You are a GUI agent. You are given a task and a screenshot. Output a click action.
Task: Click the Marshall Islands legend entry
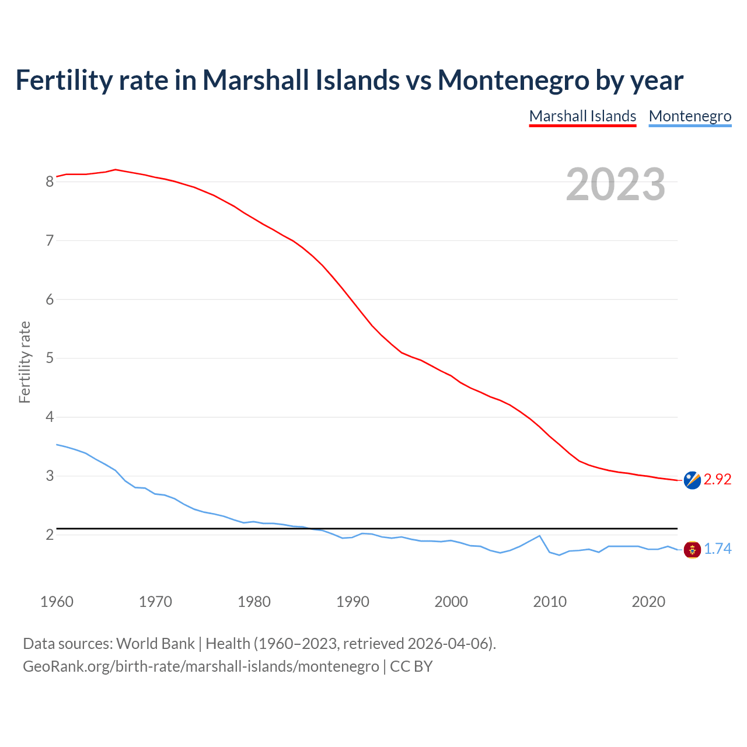click(x=582, y=116)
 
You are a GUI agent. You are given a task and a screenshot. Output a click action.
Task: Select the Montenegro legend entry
click(x=690, y=116)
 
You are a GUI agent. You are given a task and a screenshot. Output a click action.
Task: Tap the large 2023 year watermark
click(x=616, y=184)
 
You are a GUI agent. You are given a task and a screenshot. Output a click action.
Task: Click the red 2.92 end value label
click(x=717, y=479)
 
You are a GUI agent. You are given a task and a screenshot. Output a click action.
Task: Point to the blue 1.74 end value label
click(x=717, y=549)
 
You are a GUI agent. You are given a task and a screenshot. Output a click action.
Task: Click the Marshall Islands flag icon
click(x=692, y=480)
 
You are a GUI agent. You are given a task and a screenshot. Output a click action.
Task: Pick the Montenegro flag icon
click(x=692, y=549)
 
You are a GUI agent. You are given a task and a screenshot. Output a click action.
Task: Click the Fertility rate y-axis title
click(x=25, y=362)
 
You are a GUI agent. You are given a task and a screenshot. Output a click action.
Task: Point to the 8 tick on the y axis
click(x=50, y=181)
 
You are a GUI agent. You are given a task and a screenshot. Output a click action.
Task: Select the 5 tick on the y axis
click(x=50, y=358)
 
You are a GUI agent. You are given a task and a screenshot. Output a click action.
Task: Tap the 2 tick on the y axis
click(x=50, y=535)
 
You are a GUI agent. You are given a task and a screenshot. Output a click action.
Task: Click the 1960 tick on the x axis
click(x=57, y=602)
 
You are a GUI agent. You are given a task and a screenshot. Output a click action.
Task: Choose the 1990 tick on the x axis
click(x=352, y=602)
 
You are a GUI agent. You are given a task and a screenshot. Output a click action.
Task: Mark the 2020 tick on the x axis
click(x=648, y=602)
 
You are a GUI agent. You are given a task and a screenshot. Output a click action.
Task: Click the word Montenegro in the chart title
click(x=513, y=80)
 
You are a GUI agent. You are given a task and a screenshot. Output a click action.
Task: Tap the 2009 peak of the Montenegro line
click(x=539, y=536)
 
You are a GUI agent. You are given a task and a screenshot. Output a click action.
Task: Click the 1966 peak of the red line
click(x=116, y=169)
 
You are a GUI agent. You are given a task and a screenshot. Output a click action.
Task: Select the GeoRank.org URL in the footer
click(x=201, y=666)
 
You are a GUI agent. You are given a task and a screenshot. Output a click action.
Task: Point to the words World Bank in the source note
click(x=155, y=644)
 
